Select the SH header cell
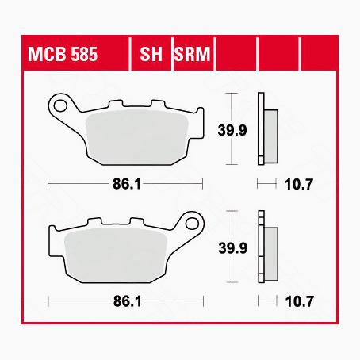151,56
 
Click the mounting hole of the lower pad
190,223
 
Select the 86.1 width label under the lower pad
126,302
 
